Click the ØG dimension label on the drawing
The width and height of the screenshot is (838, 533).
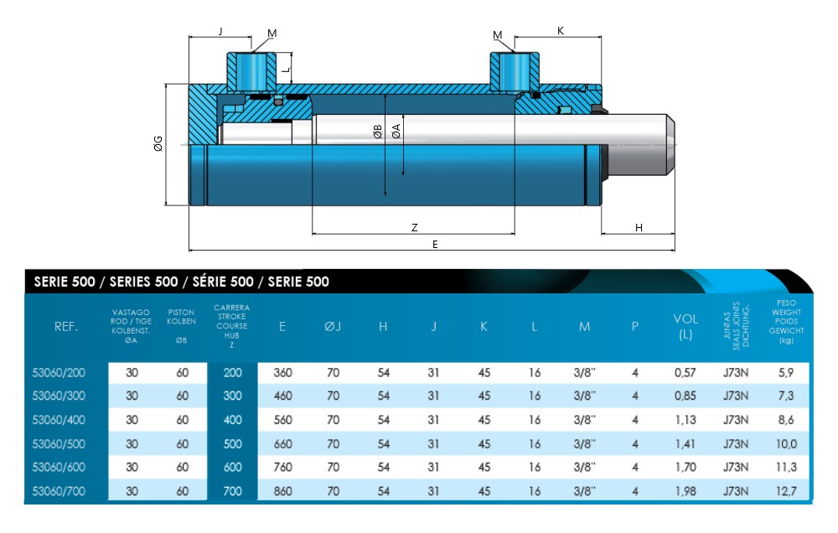(x=158, y=144)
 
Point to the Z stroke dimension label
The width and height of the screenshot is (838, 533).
(x=414, y=227)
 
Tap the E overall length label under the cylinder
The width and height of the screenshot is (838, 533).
(x=434, y=243)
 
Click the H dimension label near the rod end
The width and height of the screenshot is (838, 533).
(x=639, y=227)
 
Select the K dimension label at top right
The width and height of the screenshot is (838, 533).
(x=560, y=31)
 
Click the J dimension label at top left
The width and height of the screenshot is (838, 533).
(x=220, y=31)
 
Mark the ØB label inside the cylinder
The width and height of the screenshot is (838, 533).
(x=378, y=132)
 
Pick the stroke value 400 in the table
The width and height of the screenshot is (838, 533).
(x=233, y=421)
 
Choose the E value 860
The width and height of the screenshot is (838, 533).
(x=282, y=491)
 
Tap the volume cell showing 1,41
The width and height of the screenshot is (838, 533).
(x=685, y=444)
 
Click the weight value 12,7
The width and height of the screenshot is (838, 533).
(x=786, y=491)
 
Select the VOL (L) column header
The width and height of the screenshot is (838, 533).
(x=685, y=326)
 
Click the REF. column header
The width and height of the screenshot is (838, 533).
(x=66, y=327)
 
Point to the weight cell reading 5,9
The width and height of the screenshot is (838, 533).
(x=786, y=373)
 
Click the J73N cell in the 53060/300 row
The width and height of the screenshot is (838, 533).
(x=736, y=396)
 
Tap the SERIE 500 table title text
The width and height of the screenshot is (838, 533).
(x=181, y=282)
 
